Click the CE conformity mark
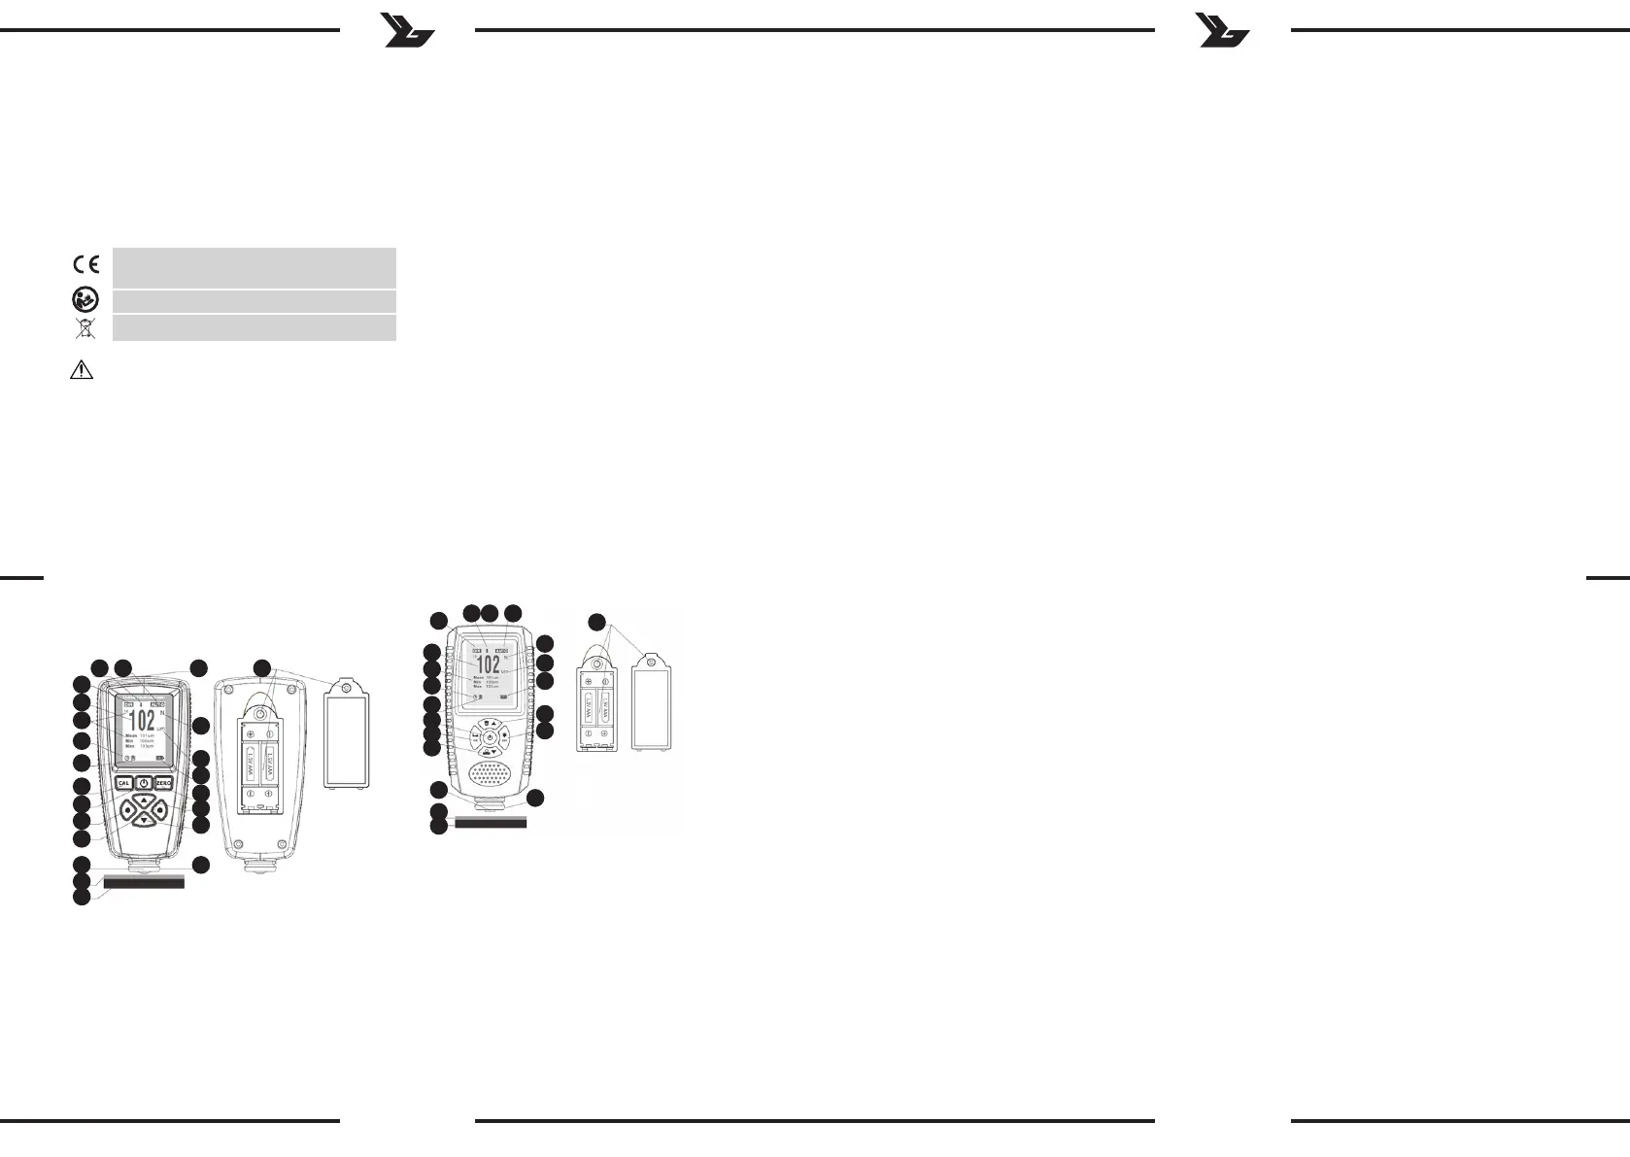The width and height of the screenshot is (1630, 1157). point(85,264)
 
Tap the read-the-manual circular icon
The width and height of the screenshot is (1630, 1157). point(85,300)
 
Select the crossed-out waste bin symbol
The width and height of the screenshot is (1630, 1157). point(85,327)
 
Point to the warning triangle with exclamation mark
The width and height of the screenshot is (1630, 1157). point(82,370)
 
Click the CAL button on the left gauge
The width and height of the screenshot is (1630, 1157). point(123,783)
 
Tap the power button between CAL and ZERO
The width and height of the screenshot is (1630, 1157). point(143,783)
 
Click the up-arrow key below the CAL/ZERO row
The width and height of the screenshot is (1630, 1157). point(143,801)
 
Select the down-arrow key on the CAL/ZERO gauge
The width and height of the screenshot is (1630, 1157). point(143,821)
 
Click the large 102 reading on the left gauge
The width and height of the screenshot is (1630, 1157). point(142,720)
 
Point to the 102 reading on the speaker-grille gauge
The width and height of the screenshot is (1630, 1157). point(490,665)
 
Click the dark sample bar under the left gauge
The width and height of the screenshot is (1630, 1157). point(143,883)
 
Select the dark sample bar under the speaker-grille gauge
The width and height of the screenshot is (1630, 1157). point(491,822)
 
